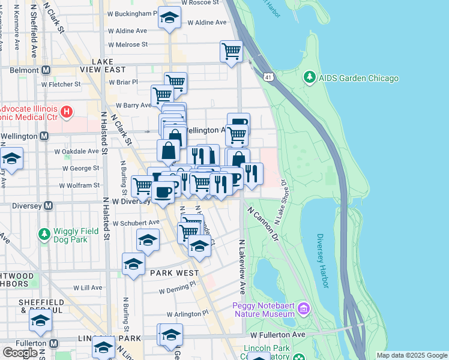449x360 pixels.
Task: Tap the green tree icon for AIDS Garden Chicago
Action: click(x=309, y=77)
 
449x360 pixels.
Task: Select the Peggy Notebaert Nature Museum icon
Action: click(x=304, y=309)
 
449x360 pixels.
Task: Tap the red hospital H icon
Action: click(x=67, y=112)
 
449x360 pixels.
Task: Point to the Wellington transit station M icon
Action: click(x=44, y=136)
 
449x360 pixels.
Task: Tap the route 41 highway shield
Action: click(x=268, y=77)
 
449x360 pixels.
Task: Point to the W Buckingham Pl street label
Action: click(x=132, y=13)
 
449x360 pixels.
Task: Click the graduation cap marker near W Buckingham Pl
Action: click(x=170, y=17)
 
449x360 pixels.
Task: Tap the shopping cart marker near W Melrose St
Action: click(x=231, y=51)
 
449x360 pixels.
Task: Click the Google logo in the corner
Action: click(x=20, y=352)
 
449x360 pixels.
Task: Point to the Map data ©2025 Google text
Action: click(x=411, y=355)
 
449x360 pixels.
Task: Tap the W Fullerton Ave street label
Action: click(x=279, y=334)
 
